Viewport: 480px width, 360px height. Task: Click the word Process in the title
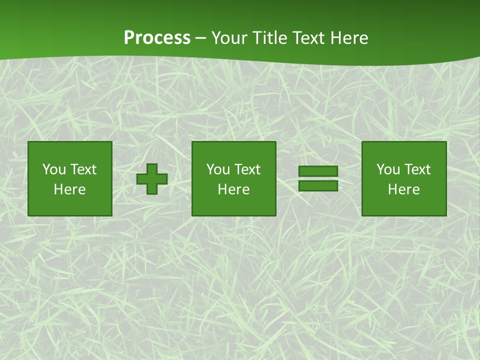(x=157, y=38)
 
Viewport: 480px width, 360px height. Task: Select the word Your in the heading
(x=228, y=38)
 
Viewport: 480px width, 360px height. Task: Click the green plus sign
(x=152, y=179)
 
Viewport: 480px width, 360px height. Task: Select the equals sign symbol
(x=318, y=178)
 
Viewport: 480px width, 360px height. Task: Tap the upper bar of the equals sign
(x=318, y=171)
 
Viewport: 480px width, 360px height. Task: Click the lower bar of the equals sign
(x=318, y=185)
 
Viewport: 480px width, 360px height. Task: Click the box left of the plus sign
(x=70, y=178)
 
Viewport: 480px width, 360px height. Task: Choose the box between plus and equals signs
(x=234, y=178)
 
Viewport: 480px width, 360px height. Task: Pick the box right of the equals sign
(x=404, y=178)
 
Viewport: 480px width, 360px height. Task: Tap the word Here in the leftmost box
(x=70, y=189)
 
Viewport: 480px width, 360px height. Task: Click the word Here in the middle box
(x=234, y=189)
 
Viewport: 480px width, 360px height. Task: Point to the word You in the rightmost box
(x=388, y=169)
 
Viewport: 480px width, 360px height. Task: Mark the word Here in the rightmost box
(x=404, y=189)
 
